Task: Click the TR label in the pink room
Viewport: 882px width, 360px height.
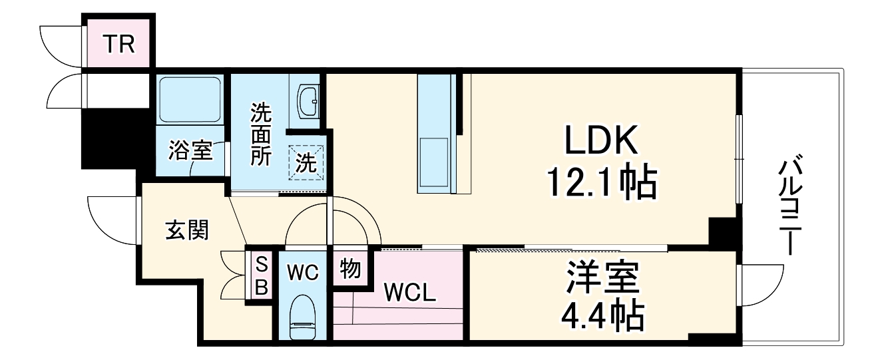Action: click(x=119, y=45)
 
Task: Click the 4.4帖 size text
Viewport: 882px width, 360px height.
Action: click(x=602, y=315)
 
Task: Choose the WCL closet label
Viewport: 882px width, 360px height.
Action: click(x=409, y=293)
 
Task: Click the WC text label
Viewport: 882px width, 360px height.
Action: click(x=303, y=272)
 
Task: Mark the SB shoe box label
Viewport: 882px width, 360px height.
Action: click(x=262, y=277)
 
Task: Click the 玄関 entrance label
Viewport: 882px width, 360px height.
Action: click(x=186, y=230)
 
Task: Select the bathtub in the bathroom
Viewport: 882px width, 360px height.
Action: click(x=190, y=99)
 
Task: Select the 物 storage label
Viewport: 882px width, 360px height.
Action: click(x=350, y=269)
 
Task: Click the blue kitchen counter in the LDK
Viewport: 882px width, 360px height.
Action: click(x=436, y=133)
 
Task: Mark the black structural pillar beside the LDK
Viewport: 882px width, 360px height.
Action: click(x=722, y=233)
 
